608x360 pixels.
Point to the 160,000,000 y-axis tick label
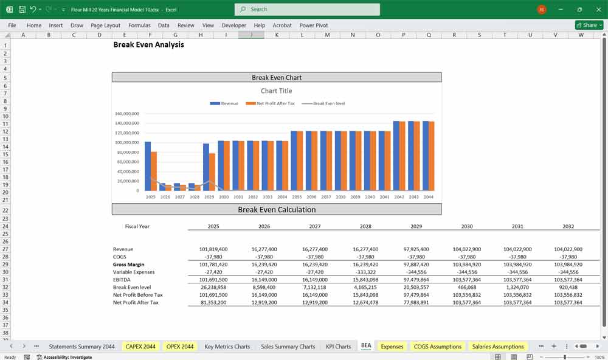pyautogui.click(x=127, y=114)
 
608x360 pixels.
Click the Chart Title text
pyautogui.click(x=277, y=91)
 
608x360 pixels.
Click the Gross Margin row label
pyautogui.click(x=129, y=265)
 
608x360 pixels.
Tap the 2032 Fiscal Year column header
pyautogui.click(x=568, y=226)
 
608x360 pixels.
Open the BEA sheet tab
pyautogui.click(x=366, y=347)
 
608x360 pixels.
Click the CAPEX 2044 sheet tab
pyautogui.click(x=140, y=347)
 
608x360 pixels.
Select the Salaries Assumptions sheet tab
pyautogui.click(x=498, y=347)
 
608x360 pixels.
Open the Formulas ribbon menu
pyautogui.click(x=139, y=26)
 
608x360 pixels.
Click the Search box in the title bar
pyautogui.click(x=307, y=9)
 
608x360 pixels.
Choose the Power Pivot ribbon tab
pyautogui.click(x=314, y=26)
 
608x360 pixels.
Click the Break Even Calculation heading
pyautogui.click(x=277, y=210)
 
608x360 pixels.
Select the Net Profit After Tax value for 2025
pyautogui.click(x=213, y=302)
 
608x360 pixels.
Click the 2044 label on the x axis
pyautogui.click(x=428, y=197)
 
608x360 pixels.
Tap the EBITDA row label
pyautogui.click(x=123, y=280)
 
